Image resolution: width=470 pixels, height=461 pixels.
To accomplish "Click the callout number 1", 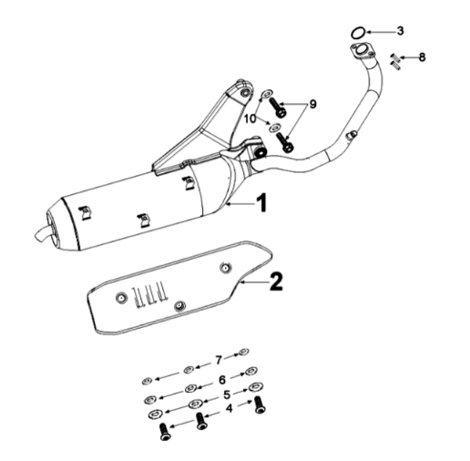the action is (261, 202).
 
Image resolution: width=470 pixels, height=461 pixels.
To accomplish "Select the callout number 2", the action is (276, 282).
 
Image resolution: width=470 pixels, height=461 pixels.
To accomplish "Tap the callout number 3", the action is (400, 31).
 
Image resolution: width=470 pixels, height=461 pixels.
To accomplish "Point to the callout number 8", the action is (422, 57).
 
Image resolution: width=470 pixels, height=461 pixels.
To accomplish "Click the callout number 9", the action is (312, 104).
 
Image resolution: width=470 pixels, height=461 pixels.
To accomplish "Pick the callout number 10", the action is (250, 119).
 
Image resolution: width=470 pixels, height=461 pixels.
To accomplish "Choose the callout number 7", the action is (219, 361).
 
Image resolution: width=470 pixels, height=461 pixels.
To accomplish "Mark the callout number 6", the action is (222, 379).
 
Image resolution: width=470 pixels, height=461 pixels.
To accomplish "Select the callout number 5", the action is (227, 394).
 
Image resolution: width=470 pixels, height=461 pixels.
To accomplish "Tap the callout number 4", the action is (230, 408).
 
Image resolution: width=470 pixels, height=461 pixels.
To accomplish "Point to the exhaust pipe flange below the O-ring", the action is (363, 51).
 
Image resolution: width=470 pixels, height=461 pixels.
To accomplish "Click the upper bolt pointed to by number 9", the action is (277, 108).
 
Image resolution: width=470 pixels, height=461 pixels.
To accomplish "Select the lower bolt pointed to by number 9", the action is (284, 141).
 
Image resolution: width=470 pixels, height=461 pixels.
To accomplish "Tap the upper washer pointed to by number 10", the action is (267, 94).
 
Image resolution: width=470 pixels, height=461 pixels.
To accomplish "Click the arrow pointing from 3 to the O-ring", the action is (381, 32).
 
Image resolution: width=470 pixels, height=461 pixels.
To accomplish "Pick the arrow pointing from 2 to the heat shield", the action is (254, 282).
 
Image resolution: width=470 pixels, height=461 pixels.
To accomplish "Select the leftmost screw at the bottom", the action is (164, 432).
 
